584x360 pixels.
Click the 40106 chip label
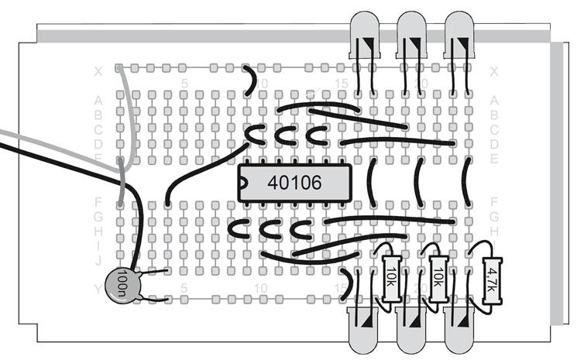pos(294,182)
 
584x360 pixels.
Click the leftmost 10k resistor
pos(391,275)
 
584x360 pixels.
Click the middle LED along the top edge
pos(411,36)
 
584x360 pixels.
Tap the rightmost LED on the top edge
pos(459,36)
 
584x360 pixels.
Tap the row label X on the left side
pos(98,72)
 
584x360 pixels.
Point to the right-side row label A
pos(494,100)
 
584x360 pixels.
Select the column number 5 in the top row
pos(184,83)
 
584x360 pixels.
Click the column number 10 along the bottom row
pos(262,289)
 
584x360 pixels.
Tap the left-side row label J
pos(98,262)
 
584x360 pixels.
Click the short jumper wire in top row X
pos(250,76)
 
